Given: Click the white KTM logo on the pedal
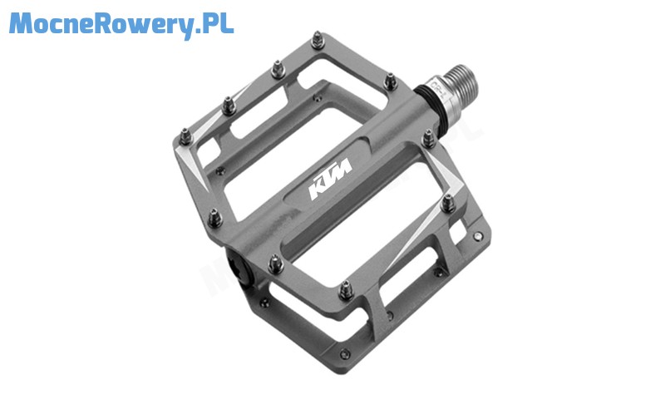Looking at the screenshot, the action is pyautogui.click(x=331, y=179).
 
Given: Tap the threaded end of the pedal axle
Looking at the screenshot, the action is pyautogui.click(x=464, y=82).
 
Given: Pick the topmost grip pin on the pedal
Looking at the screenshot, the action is pyautogui.click(x=318, y=40).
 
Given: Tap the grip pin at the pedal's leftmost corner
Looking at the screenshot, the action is pyautogui.click(x=185, y=137).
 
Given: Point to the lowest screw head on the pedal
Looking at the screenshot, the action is pyautogui.click(x=345, y=353).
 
